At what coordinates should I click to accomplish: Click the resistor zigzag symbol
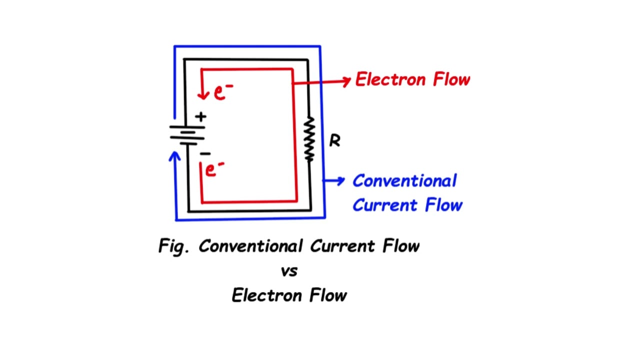point(309,139)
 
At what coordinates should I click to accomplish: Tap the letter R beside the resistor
point(334,141)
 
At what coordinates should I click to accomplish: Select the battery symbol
point(187,134)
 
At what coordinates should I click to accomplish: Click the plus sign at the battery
point(201,117)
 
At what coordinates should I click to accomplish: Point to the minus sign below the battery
point(205,154)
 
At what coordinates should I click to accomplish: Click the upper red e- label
point(223,92)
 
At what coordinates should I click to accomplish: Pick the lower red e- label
point(214,169)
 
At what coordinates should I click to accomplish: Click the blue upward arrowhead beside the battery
point(174,156)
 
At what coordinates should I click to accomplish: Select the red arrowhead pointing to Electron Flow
point(346,81)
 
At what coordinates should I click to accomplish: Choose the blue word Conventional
point(404,181)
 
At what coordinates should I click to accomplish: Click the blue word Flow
point(444,205)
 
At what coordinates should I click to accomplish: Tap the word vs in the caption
point(289,271)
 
